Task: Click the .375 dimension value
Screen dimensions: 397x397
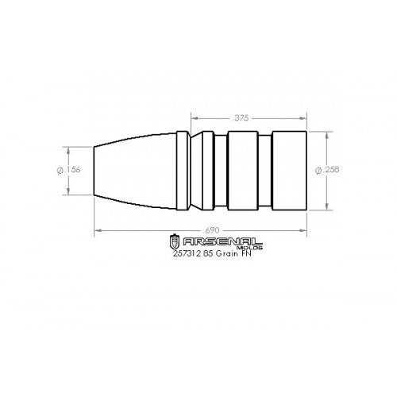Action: click(x=242, y=118)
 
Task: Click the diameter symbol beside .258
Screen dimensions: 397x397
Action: click(x=319, y=169)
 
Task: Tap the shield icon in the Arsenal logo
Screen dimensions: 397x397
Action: click(x=175, y=241)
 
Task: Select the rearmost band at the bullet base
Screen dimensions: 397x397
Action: click(x=289, y=169)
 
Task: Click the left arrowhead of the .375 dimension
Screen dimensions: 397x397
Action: click(x=192, y=118)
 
